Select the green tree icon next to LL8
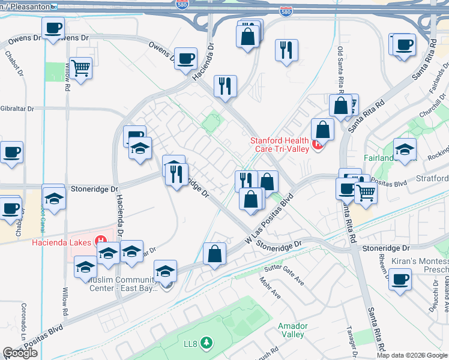(x=206, y=343)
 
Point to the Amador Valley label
(x=292, y=330)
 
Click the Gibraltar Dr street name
(x=18, y=109)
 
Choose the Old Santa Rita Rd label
(x=340, y=70)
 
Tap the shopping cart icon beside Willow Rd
(x=80, y=68)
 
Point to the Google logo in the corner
(x=20, y=353)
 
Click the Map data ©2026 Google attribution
(x=412, y=355)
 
